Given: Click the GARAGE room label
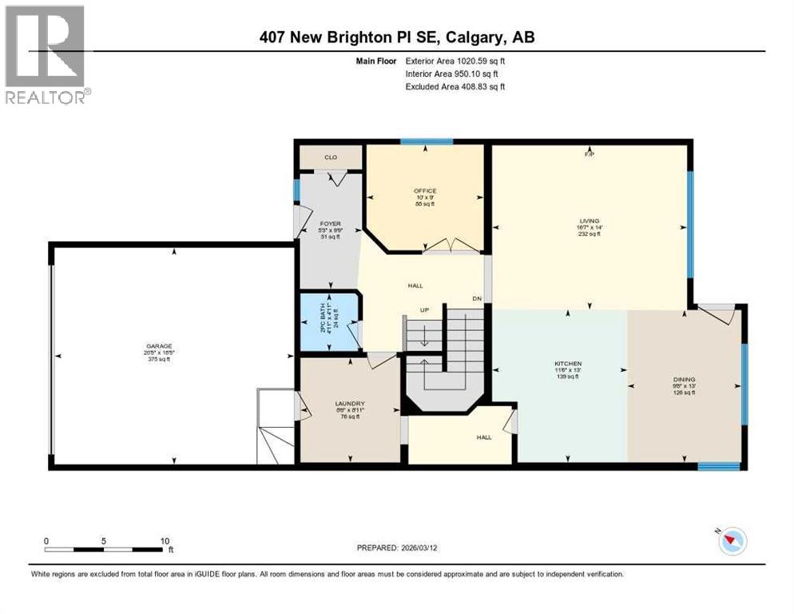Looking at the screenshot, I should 157,346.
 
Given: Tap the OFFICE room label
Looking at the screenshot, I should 424,190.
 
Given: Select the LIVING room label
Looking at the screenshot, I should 590,221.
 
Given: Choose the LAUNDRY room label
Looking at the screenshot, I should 350,403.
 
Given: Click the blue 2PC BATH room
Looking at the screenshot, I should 329,322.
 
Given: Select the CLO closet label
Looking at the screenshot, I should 330,157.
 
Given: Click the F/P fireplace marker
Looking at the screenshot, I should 590,153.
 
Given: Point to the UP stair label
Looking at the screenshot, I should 427,311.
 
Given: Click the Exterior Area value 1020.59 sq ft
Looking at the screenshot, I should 475,61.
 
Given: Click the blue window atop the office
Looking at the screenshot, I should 427,142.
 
